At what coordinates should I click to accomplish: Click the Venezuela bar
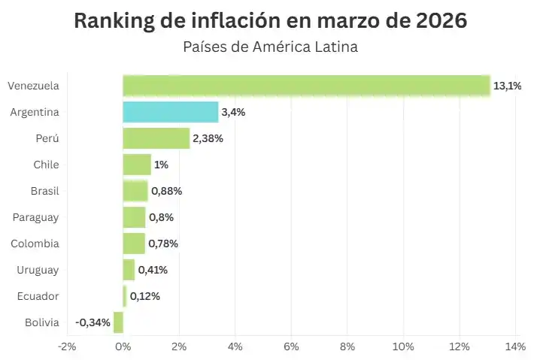tap(306, 86)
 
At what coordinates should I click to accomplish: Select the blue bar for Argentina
tap(171, 112)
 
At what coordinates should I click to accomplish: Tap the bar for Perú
tap(156, 138)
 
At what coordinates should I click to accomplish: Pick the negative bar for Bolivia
tap(118, 322)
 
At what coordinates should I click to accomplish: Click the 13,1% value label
tap(508, 86)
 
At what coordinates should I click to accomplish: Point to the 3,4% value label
tap(233, 112)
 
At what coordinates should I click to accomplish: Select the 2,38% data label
tap(208, 138)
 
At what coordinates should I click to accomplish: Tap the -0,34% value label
tap(93, 322)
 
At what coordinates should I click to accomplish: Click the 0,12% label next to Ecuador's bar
tap(144, 296)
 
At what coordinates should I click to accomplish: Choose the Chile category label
tap(46, 165)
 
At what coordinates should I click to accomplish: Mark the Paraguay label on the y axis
tap(36, 217)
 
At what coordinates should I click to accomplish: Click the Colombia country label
tap(35, 244)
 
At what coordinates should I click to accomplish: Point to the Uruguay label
tap(38, 270)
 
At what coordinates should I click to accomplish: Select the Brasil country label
tap(45, 191)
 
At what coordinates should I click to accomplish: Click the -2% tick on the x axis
tap(67, 346)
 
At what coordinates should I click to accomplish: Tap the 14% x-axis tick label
tap(515, 346)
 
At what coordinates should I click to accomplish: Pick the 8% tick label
tap(347, 346)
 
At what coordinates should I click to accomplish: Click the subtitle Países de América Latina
tap(270, 47)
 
